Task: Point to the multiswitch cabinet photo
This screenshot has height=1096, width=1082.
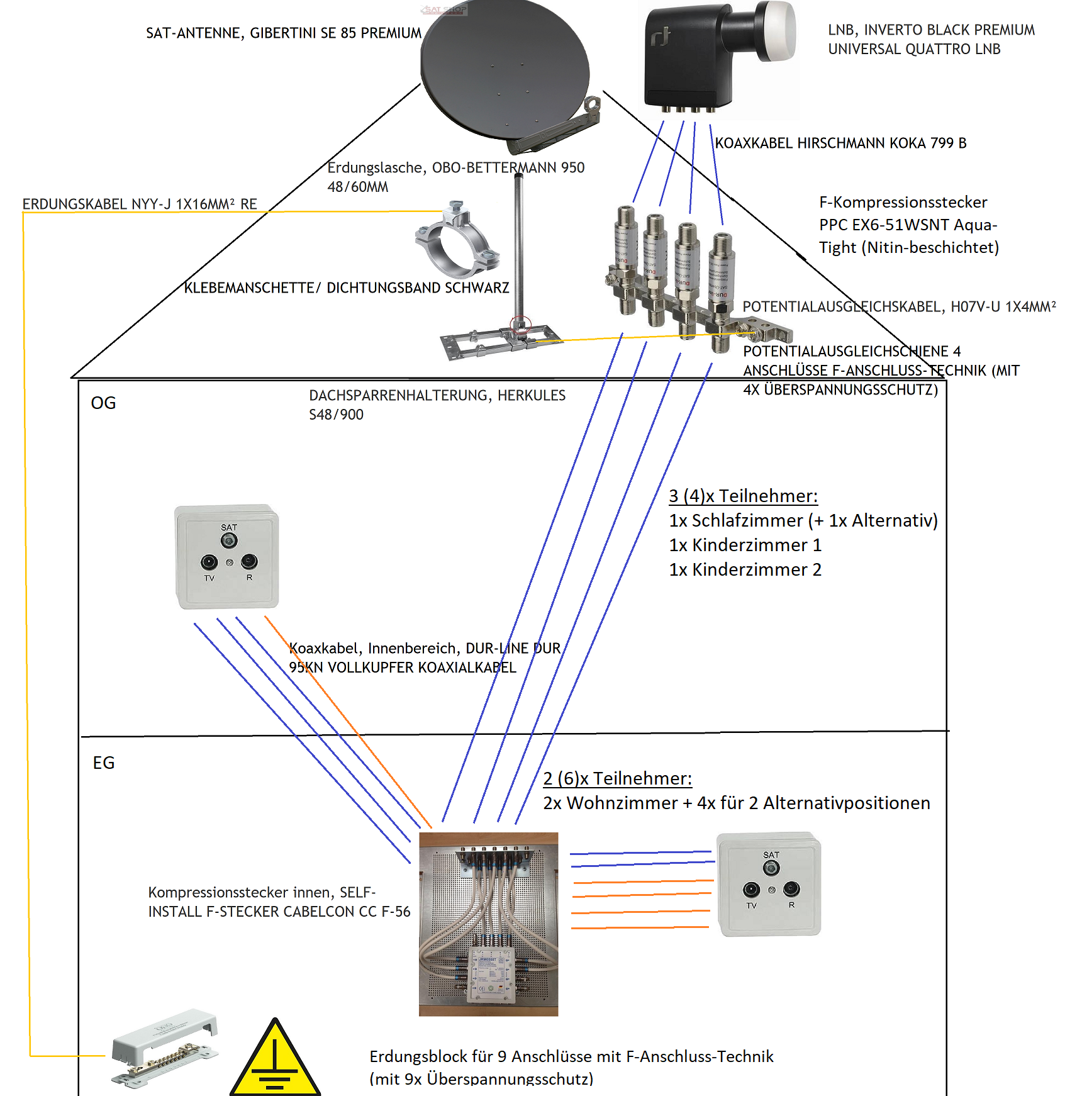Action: coord(488,924)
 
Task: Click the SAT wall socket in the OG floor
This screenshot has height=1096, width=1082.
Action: coord(227,556)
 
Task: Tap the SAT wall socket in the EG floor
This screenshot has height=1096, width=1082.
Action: coord(769,884)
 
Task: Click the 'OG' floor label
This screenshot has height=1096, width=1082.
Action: coord(103,403)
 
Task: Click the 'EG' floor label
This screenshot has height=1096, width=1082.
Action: coord(104,763)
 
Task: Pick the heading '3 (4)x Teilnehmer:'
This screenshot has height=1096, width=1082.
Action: coord(743,496)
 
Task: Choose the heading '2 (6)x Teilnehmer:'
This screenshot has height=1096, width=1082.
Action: coord(617,778)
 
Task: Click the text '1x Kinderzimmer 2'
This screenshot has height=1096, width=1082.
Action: coord(745,569)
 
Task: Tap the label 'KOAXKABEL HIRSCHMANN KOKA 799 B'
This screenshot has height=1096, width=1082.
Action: coord(840,143)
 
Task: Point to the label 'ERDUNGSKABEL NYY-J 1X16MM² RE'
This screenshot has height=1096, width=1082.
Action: coord(140,204)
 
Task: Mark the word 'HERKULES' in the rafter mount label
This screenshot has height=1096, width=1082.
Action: coord(532,395)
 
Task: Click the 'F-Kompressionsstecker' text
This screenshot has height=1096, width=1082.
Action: coord(903,202)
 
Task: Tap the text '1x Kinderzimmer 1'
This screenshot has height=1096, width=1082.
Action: coord(745,545)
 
